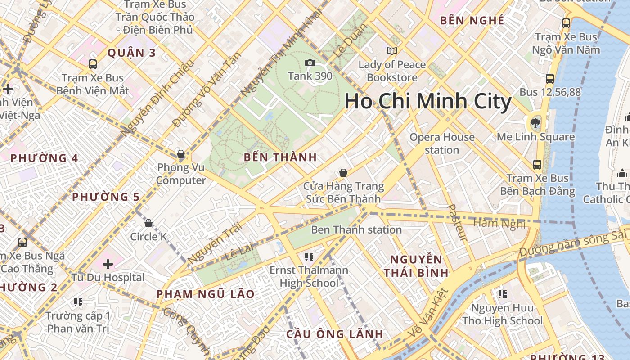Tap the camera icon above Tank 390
tap(310, 63)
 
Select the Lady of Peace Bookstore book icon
tap(392, 51)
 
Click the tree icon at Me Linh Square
tap(535, 122)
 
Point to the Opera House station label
tap(442, 144)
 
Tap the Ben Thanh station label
tap(356, 230)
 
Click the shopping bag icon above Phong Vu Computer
tap(181, 154)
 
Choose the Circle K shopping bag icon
tap(148, 223)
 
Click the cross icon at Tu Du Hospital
tap(108, 264)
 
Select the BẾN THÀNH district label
tap(280, 157)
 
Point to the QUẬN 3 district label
tap(131, 53)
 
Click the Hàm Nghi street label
tap(499, 223)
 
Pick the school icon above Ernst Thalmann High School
tap(309, 257)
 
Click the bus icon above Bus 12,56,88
tap(549, 79)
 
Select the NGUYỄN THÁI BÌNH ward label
tap(416, 266)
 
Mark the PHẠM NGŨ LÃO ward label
tap(205, 294)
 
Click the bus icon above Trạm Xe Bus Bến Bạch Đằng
tap(537, 165)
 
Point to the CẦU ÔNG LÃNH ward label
tap(335, 334)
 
